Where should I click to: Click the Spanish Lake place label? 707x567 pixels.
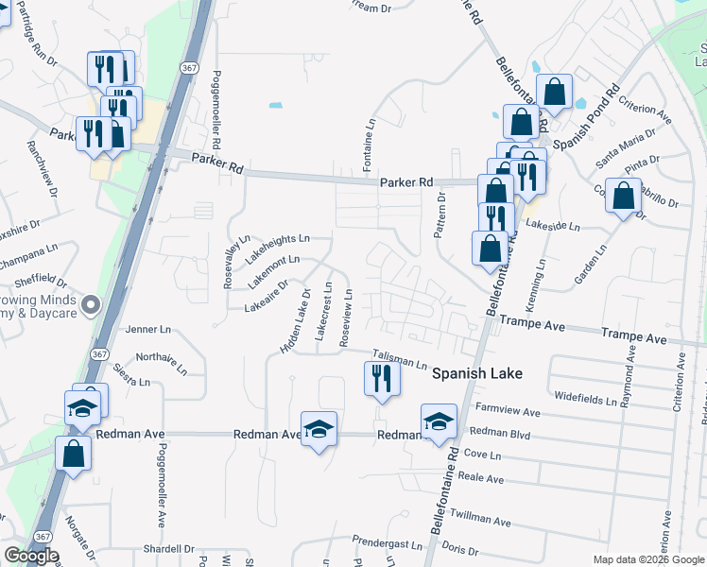[477, 373]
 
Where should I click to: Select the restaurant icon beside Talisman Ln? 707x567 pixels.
[382, 379]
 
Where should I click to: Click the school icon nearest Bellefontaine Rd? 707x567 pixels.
[438, 421]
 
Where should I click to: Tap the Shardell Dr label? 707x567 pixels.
[167, 548]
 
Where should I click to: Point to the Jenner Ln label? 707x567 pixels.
[148, 330]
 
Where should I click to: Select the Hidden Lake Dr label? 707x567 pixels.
[295, 323]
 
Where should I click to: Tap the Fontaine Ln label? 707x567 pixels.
[371, 137]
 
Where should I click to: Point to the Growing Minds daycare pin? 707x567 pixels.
[91, 304]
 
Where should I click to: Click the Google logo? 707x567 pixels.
[31, 556]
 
